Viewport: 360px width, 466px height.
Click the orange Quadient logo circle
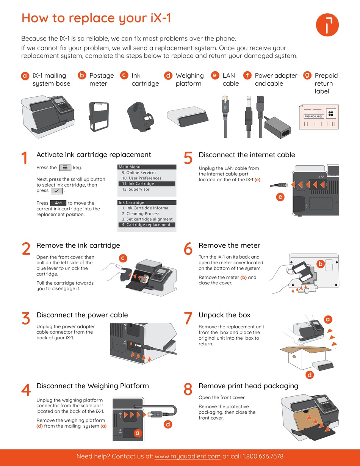pyautogui.click(x=327, y=25)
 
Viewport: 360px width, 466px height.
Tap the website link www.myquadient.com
pyautogui.click(x=188, y=457)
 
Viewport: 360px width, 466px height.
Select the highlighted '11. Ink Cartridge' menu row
pyautogui.click(x=147, y=184)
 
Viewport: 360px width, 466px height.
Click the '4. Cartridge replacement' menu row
pyautogui.click(x=147, y=225)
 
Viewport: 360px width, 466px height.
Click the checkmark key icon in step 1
pyautogui.click(x=56, y=191)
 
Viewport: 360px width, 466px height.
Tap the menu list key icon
pyautogui.click(x=65, y=168)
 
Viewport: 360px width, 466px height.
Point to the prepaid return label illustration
pyautogui.click(x=319, y=117)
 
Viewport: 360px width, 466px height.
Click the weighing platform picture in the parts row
pyautogui.click(x=188, y=116)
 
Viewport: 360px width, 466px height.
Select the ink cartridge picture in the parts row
pyautogui.click(x=141, y=116)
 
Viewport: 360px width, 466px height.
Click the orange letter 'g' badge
pyautogui.click(x=307, y=75)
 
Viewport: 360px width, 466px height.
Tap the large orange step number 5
pyautogui.click(x=188, y=158)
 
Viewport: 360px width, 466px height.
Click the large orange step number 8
pyautogui.click(x=188, y=389)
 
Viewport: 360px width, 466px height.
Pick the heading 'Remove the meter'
pyautogui.click(x=229, y=245)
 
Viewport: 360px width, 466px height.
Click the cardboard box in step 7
pyautogui.click(x=305, y=357)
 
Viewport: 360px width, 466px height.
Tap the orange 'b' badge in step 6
pyautogui.click(x=321, y=264)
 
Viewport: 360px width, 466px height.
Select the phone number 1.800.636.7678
pyautogui.click(x=263, y=456)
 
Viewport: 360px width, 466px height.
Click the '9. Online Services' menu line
pyautogui.click(x=139, y=173)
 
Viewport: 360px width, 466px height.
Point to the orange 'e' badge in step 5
pyautogui.click(x=280, y=197)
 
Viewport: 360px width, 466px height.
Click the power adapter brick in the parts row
pyautogui.click(x=278, y=128)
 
